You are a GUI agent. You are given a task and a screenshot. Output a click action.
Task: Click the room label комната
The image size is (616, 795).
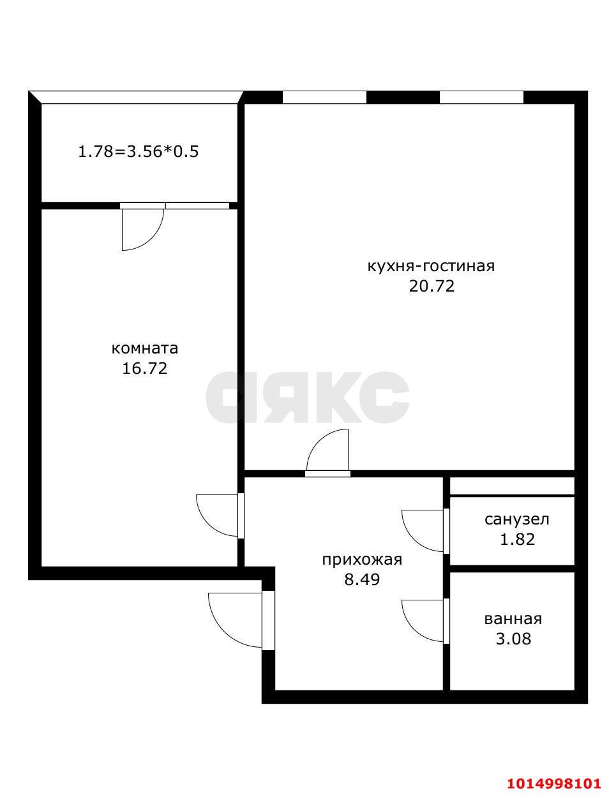tap(145, 348)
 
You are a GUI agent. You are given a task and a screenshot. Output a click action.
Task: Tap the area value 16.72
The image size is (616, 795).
tap(145, 368)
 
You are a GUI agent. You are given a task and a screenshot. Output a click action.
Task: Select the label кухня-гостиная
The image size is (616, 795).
tap(431, 265)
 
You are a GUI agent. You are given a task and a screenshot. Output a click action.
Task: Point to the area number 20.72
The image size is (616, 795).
tap(432, 286)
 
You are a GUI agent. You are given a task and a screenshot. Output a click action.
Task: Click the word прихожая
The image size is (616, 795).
tap(361, 560)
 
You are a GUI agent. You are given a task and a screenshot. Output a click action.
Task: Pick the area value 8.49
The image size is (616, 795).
tap(361, 580)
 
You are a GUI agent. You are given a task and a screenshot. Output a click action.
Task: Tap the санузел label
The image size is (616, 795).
tap(517, 519)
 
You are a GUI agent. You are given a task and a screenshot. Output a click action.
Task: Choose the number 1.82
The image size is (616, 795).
tap(517, 539)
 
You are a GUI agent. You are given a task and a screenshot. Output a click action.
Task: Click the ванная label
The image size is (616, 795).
tap(513, 618)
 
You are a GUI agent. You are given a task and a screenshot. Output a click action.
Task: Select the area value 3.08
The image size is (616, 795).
tap(513, 638)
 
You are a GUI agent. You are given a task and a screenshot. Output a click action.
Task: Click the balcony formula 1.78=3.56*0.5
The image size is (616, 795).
tap(139, 152)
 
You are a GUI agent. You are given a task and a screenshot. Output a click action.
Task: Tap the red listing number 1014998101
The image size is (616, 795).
tap(554, 783)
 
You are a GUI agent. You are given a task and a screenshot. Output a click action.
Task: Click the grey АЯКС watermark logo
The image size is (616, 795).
tap(308, 397)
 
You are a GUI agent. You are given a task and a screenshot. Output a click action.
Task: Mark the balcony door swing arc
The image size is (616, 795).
tap(144, 230)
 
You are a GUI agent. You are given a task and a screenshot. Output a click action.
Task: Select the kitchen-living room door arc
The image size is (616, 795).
tap(328, 450)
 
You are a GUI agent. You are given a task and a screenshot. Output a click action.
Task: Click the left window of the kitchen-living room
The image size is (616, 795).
tap(324, 98)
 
